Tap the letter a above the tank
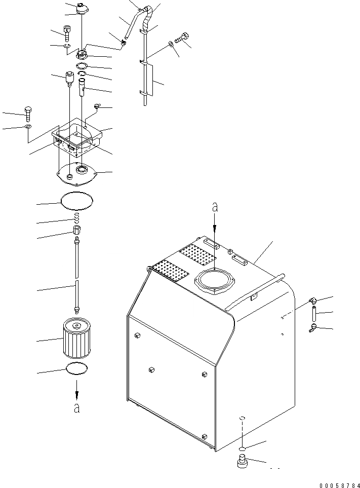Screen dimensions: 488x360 point(215,207)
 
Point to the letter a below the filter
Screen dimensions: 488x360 point(77,408)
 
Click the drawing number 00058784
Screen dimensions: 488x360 point(339,483)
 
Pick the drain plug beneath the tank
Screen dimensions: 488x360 point(243,463)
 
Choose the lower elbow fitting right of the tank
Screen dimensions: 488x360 point(313,329)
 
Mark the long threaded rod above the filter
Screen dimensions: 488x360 point(77,276)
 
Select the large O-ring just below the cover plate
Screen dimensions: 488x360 point(77,201)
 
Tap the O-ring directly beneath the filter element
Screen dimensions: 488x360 point(77,369)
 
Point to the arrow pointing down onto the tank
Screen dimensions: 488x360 point(215,223)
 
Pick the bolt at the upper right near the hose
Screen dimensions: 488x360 point(183,37)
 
